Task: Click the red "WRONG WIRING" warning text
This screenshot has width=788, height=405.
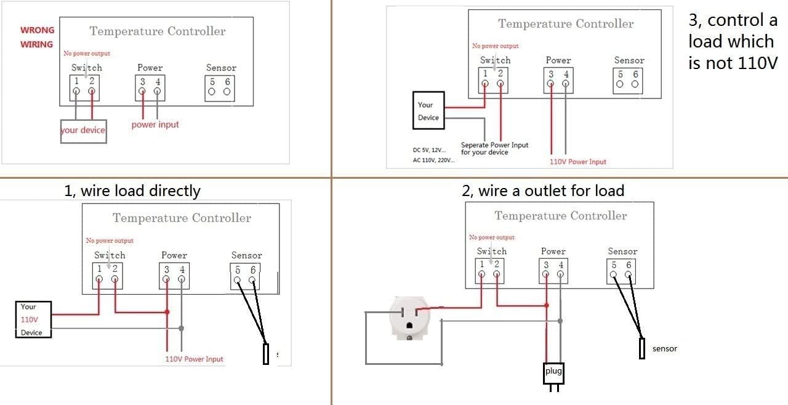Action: [x=37, y=37]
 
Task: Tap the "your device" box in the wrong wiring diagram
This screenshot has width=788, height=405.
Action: [x=83, y=131]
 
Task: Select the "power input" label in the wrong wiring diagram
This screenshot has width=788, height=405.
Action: [x=155, y=125]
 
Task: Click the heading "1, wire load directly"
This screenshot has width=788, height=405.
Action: [x=132, y=191]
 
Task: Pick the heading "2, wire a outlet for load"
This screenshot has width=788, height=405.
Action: [x=543, y=191]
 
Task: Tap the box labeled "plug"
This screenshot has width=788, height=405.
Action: [x=553, y=372]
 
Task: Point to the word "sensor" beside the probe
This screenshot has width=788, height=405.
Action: [x=665, y=349]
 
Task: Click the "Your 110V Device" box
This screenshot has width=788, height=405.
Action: [x=33, y=319]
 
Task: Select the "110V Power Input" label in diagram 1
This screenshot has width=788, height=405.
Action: [x=194, y=359]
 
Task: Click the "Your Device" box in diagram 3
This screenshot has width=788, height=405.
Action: [x=428, y=111]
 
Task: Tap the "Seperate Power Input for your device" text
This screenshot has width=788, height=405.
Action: [x=494, y=149]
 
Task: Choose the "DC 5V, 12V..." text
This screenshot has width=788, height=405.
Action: [x=429, y=150]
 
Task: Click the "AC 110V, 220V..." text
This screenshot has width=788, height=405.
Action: [x=433, y=160]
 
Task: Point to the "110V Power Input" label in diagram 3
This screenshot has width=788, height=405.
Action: [x=577, y=162]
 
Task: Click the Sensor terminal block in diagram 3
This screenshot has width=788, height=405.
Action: [x=628, y=80]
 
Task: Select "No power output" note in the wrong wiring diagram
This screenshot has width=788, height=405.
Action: [x=87, y=54]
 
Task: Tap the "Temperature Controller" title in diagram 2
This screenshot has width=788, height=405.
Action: [x=560, y=216]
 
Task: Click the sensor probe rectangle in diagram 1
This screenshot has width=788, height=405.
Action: [x=266, y=354]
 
